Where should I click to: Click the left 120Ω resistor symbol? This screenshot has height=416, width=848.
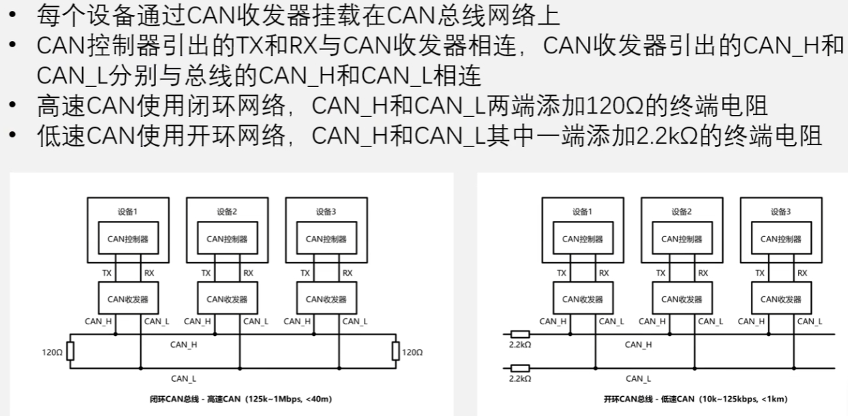[x=69, y=352]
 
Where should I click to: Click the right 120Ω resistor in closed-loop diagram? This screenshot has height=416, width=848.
[x=395, y=352]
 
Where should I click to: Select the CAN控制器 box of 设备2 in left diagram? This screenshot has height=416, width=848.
[x=227, y=239]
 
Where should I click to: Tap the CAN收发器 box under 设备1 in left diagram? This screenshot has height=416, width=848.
[x=128, y=299]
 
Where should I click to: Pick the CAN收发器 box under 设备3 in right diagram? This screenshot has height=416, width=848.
[x=781, y=299]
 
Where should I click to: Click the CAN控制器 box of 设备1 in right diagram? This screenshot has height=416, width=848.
[x=583, y=239]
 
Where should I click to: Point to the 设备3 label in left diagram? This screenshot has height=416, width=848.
[x=326, y=211]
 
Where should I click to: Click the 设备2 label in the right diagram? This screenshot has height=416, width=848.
[x=681, y=211]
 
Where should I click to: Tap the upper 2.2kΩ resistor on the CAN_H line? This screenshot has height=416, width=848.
[x=520, y=334]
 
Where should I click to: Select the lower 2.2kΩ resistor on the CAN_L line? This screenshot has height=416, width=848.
[x=520, y=367]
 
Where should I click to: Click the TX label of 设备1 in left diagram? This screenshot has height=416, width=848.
[x=107, y=273]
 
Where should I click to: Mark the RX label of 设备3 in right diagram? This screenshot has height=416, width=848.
[x=802, y=273]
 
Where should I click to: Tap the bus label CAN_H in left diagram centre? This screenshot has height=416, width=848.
[x=183, y=345]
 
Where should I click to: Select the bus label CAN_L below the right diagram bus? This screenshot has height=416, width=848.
[x=638, y=378]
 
